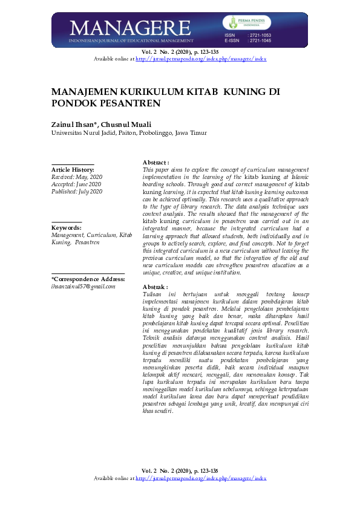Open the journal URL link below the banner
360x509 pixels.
201,59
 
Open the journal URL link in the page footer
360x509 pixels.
201,495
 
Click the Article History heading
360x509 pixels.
73,170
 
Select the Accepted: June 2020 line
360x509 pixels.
76,184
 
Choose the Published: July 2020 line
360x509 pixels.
77,192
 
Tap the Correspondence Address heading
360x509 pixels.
88,279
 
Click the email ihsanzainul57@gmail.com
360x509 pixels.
83,287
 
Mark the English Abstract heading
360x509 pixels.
155,163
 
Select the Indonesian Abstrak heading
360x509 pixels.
154,287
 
